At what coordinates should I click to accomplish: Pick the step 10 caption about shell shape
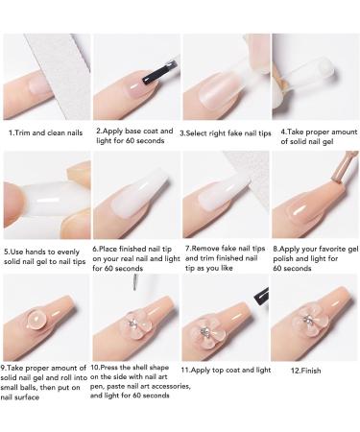[136, 390]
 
